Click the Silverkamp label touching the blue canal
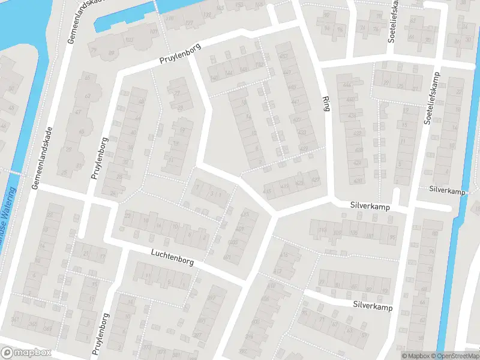pos(447,189)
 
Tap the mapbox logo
pos(25,353)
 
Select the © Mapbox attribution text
pos(413,356)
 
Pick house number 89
pos(110,53)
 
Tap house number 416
pos(284,255)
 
